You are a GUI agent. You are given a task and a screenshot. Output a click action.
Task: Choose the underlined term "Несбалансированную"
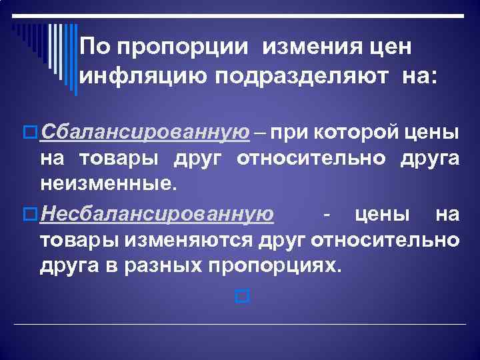(156, 214)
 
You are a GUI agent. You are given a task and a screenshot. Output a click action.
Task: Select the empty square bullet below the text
(242, 295)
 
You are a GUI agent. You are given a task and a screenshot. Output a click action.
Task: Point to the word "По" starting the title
(92, 47)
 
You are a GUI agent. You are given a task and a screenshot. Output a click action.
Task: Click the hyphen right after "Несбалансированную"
(325, 215)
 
